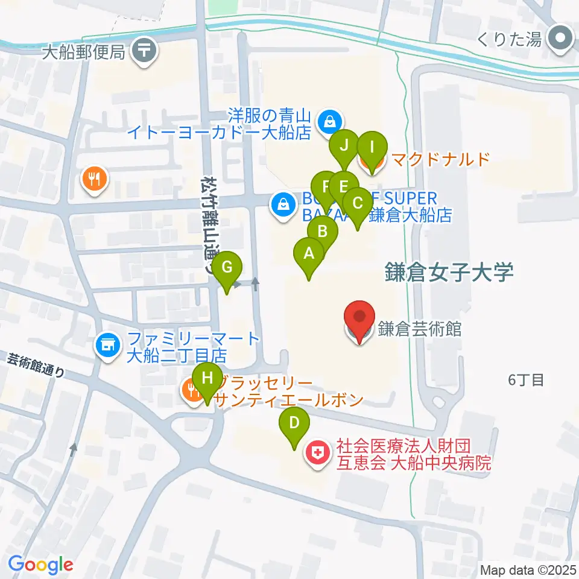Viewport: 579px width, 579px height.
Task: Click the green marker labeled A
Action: coord(309,254)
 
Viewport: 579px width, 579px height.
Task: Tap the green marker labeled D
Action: coord(294,422)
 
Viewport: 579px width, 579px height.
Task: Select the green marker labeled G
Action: coord(227,267)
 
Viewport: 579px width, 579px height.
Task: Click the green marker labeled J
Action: coord(344,146)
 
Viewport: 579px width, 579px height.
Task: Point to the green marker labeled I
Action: coord(372,147)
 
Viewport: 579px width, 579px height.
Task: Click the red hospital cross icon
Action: coord(318,454)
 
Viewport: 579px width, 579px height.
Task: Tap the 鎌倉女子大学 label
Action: coord(450,273)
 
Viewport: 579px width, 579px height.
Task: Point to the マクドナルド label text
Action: coord(439,160)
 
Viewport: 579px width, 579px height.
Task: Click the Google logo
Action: coord(40,565)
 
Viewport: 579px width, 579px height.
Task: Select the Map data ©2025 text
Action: coord(527,569)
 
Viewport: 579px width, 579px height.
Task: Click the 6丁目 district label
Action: coord(527,380)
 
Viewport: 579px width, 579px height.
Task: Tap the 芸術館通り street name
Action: coord(36,365)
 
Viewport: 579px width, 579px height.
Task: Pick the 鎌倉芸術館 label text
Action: coord(420,329)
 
